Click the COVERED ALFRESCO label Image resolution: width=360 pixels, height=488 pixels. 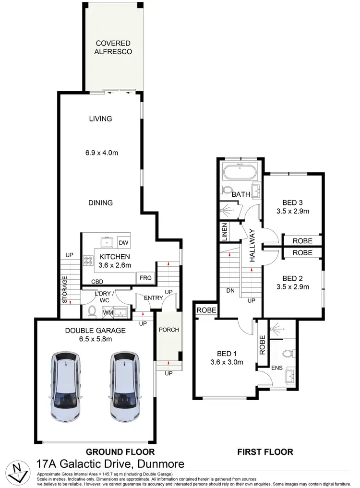pyautogui.click(x=113, y=47)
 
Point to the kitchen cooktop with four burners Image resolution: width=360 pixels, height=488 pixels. pyautogui.click(x=89, y=261)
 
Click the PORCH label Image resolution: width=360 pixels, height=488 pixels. pyautogui.click(x=168, y=330)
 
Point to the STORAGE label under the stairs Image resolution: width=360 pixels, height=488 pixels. pyautogui.click(x=64, y=289)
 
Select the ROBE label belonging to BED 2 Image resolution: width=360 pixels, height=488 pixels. pyautogui.click(x=302, y=252)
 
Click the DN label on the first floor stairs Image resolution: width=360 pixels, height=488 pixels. pyautogui.click(x=230, y=291)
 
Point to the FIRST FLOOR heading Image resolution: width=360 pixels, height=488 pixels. pyautogui.click(x=265, y=452)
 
